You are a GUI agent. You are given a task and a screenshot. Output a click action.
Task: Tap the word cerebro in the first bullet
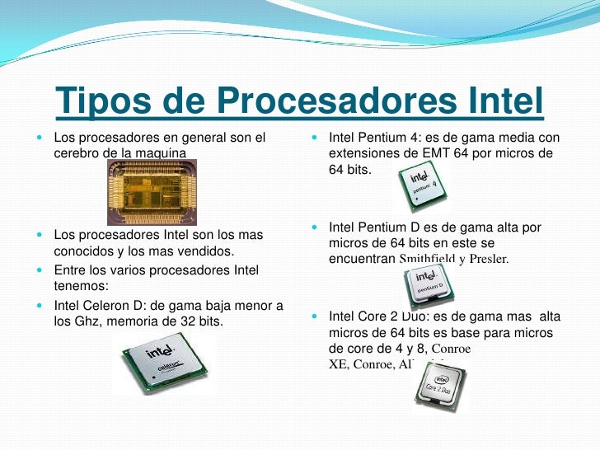pyautogui.click(x=80, y=152)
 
